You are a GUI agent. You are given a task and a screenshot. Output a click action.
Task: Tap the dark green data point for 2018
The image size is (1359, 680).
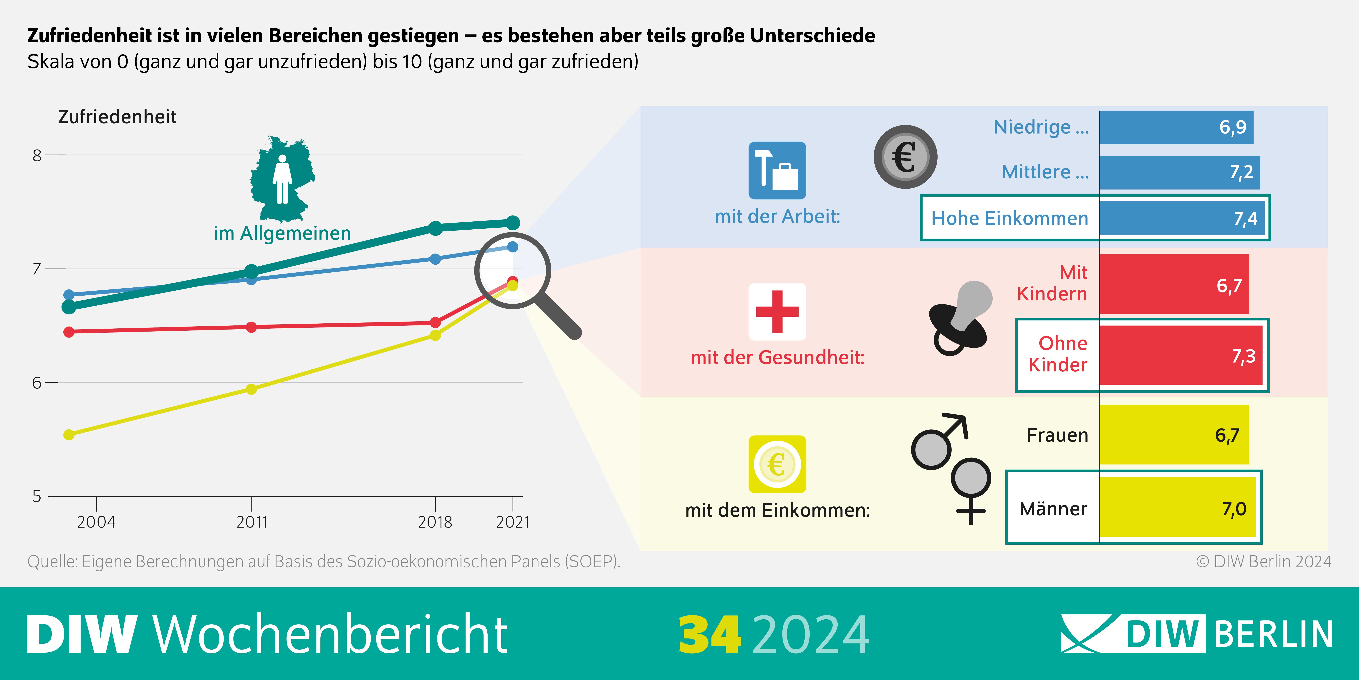click(x=435, y=228)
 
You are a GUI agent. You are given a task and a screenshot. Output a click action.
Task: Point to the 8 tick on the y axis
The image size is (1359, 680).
click(x=37, y=155)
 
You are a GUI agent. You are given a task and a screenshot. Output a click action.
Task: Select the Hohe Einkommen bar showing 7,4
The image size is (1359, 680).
click(x=1182, y=218)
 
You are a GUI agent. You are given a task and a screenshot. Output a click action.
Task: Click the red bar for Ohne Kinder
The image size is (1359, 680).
click(x=1181, y=355)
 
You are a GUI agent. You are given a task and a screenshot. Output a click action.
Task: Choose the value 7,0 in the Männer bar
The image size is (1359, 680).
click(x=1234, y=509)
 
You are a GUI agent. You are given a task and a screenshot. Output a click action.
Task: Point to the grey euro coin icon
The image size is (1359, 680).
click(x=905, y=157)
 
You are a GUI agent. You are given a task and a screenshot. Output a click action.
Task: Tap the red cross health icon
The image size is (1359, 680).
click(x=777, y=312)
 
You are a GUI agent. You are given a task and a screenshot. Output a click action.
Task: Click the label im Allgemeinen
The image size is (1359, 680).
click(x=282, y=233)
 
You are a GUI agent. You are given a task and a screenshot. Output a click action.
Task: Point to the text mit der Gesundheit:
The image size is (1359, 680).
click(x=778, y=357)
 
